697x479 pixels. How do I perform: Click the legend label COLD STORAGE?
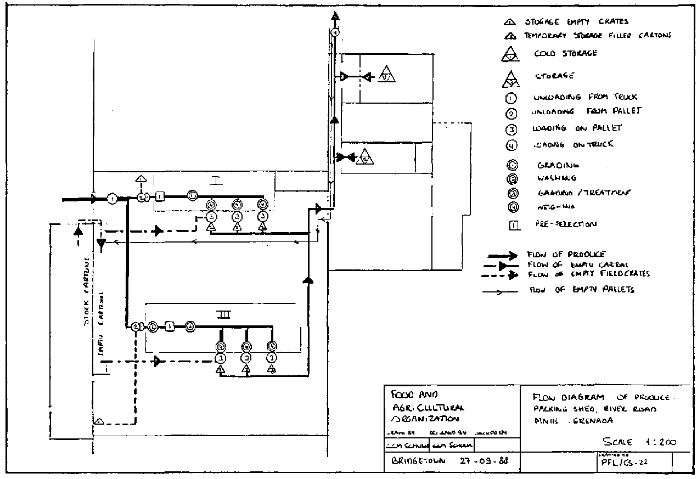(x=565, y=54)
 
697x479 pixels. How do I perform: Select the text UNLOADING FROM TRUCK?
(x=585, y=97)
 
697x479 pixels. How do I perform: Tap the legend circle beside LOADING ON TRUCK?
(x=511, y=145)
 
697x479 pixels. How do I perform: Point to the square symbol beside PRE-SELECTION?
(x=514, y=225)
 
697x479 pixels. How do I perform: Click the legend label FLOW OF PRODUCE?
(x=566, y=255)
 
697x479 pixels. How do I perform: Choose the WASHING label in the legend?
(x=557, y=178)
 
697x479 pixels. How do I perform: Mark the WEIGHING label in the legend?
(x=556, y=207)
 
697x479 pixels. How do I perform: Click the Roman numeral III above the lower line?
(x=223, y=314)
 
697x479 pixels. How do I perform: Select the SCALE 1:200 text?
(x=639, y=442)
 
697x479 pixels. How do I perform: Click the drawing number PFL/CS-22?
(x=625, y=462)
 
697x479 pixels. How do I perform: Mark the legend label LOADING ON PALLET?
(x=577, y=128)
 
